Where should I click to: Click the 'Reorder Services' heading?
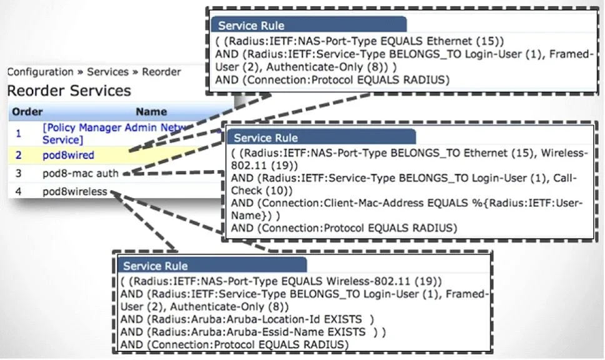coord(69,91)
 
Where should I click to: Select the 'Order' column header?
coord(27,112)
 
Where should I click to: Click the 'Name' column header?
coord(151,112)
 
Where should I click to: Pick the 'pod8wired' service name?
coord(68,155)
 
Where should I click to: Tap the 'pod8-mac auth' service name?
coord(81,173)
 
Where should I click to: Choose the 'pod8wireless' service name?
coord(75,191)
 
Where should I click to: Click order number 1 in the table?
coord(18,134)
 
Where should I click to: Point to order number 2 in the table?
coord(19,155)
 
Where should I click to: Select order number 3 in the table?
coord(19,173)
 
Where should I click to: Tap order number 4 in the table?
coord(19,191)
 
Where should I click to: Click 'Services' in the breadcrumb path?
coord(107,72)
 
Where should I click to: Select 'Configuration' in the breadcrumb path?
coord(41,72)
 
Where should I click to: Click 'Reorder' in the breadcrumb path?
coord(161,72)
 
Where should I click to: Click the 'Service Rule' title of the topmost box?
coord(251,26)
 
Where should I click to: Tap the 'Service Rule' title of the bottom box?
coord(156,266)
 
